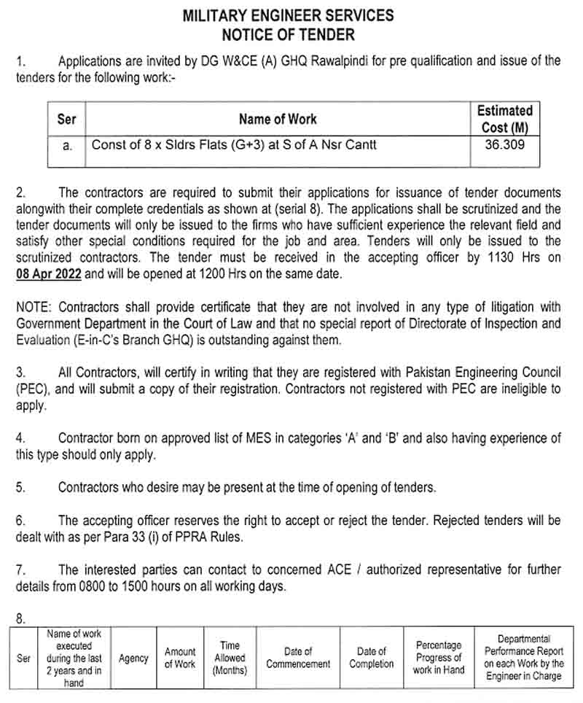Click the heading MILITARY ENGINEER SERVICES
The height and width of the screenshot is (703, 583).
point(288,15)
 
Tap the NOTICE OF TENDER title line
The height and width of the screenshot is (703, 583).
point(288,34)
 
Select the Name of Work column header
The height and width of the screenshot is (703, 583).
point(278,119)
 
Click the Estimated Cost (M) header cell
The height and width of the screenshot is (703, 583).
point(504,119)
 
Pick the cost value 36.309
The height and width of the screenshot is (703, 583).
point(504,144)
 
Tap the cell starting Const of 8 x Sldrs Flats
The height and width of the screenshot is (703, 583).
point(233,144)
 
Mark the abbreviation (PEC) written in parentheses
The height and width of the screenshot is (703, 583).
point(33,389)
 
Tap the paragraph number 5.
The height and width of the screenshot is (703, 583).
point(20,487)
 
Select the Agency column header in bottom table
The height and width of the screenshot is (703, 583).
point(133,658)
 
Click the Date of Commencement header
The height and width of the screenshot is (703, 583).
point(298,658)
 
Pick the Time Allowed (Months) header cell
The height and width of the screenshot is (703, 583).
point(230,658)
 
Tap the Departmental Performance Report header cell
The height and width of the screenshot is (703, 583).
point(523,658)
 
